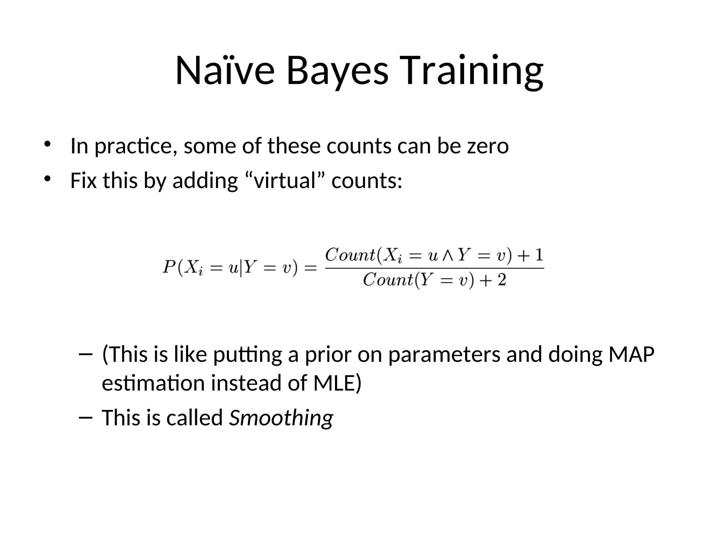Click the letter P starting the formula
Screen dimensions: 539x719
(x=169, y=267)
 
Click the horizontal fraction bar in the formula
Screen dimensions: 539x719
(x=434, y=268)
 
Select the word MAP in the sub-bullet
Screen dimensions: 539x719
(x=631, y=354)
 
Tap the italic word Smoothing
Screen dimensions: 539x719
(x=281, y=418)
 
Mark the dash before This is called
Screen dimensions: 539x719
(x=86, y=417)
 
